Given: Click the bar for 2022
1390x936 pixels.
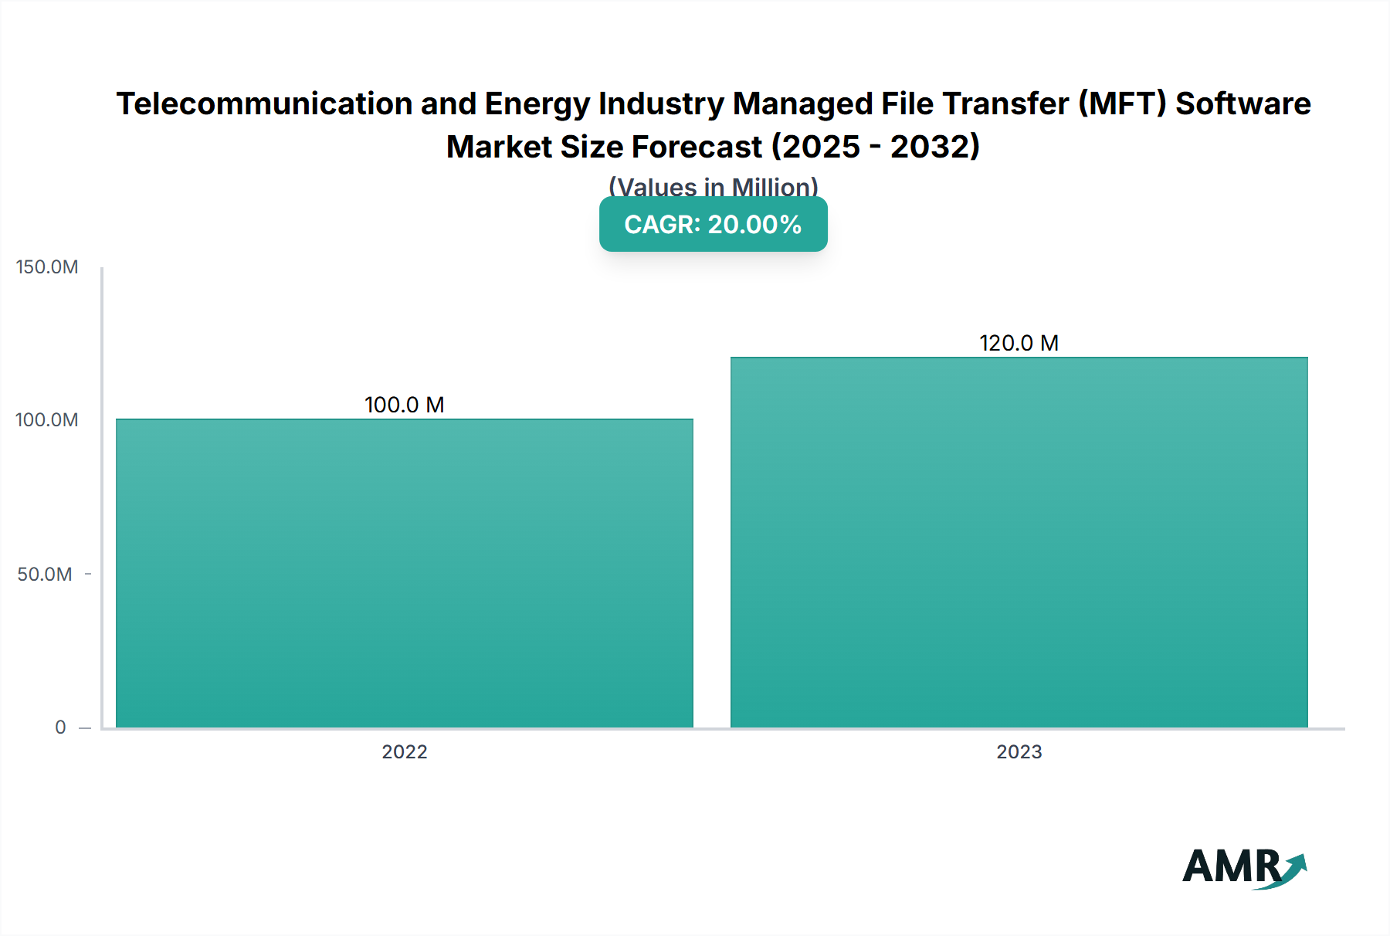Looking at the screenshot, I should click(x=404, y=573).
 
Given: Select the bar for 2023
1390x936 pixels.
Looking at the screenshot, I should click(x=1019, y=542).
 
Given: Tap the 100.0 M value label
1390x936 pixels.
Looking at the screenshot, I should click(x=404, y=405).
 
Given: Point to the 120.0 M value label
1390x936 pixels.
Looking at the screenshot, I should click(x=1019, y=343).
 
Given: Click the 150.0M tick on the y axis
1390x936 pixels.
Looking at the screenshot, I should click(x=47, y=267).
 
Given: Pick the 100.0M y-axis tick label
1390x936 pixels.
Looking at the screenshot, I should click(x=47, y=420).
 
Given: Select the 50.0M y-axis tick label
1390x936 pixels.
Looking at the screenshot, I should click(x=45, y=574).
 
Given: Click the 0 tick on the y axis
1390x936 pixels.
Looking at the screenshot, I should click(x=60, y=727).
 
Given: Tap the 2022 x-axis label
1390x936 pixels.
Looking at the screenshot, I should click(x=404, y=751).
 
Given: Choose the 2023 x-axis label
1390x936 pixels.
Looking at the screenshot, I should click(x=1019, y=751).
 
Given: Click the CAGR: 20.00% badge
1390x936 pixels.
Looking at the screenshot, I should click(x=713, y=225).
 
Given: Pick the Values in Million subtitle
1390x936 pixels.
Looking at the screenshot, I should click(x=713, y=186).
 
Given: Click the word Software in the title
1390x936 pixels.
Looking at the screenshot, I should click(x=1243, y=103).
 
